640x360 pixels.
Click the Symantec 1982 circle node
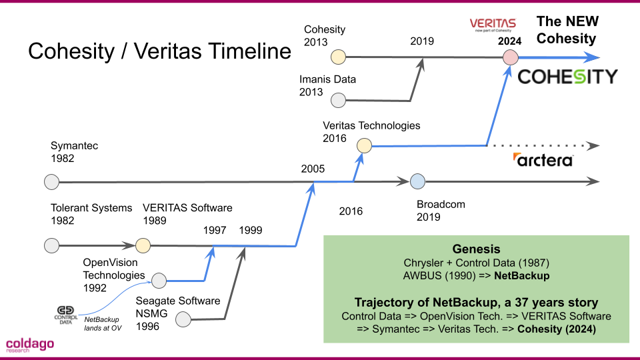tap(52, 181)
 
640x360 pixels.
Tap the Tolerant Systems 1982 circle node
tap(52, 246)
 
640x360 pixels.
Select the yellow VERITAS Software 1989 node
tap(143, 246)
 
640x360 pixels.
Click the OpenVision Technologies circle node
tap(159, 281)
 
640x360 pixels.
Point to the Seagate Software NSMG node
tap(183, 319)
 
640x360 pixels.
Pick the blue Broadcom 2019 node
tap(417, 181)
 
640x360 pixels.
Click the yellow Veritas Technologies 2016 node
tap(364, 145)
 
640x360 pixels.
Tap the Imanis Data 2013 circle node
tap(339, 100)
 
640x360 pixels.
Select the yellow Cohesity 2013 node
tap(339, 57)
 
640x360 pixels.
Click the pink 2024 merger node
tap(510, 57)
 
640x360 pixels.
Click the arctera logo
tap(543, 159)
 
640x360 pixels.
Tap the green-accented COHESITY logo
tap(568, 77)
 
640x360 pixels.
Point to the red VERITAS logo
tap(493, 25)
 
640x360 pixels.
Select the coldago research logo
tap(30, 345)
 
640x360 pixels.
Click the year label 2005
tap(313, 169)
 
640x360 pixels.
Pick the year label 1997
tap(215, 230)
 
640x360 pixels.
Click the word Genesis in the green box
tap(476, 249)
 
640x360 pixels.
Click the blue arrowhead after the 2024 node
tap(591, 57)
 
